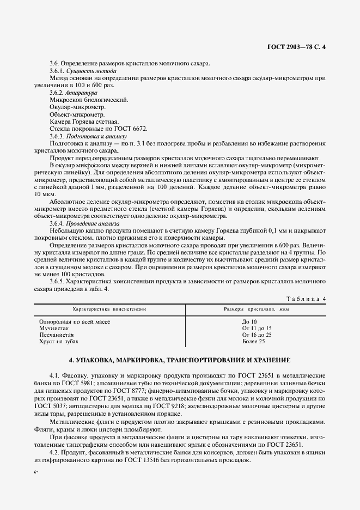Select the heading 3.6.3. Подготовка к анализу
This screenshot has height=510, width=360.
[x=88, y=136]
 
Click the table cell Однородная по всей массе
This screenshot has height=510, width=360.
[x=75, y=322]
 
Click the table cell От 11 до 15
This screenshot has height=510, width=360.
[x=257, y=329]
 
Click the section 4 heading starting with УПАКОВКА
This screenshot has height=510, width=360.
[x=180, y=361]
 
